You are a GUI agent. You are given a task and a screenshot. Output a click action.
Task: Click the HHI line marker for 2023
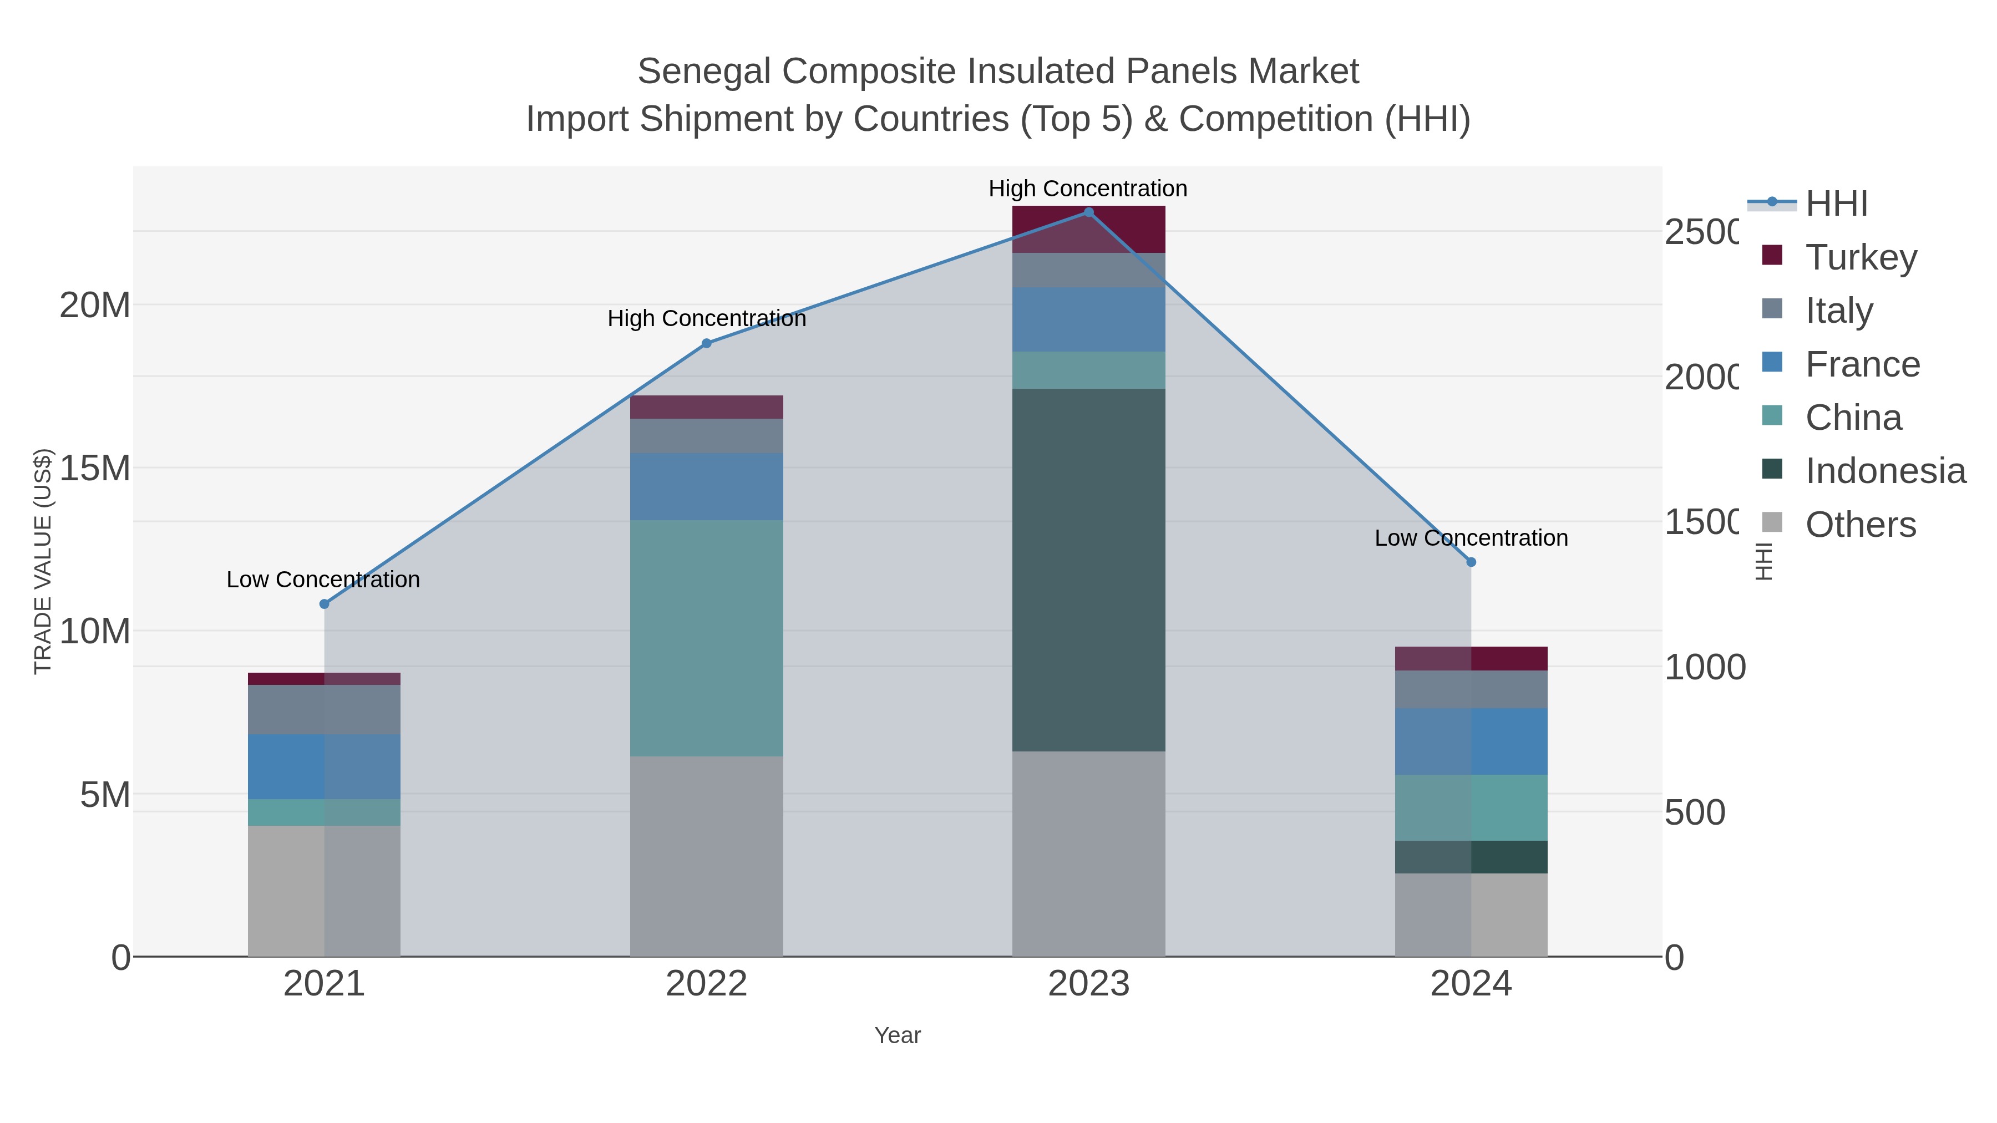[1088, 212]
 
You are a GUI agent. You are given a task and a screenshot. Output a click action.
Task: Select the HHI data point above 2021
[324, 604]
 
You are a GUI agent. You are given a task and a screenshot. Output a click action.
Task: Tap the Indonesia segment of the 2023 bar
[1088, 570]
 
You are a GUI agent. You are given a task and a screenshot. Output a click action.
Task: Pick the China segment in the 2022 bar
[706, 638]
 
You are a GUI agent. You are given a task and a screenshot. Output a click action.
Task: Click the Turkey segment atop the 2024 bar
[1471, 658]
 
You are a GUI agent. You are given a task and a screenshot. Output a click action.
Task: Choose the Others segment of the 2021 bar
[324, 891]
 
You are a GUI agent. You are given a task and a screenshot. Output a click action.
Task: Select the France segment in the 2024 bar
[1471, 741]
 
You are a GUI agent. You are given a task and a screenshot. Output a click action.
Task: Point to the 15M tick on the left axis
[94, 468]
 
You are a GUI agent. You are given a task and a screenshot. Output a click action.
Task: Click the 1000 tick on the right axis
[1705, 667]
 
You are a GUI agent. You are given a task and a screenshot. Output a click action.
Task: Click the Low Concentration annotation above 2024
[1471, 538]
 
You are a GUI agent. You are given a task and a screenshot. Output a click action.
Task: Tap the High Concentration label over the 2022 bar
[706, 318]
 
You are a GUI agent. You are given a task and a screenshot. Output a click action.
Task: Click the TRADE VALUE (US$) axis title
[43, 561]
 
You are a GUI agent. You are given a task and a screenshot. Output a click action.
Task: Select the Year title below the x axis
[897, 1035]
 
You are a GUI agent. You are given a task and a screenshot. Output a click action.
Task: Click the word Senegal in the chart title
[704, 72]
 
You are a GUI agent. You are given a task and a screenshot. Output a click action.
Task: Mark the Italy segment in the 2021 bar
[324, 709]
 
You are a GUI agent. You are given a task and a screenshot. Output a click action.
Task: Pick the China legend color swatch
[1772, 416]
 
